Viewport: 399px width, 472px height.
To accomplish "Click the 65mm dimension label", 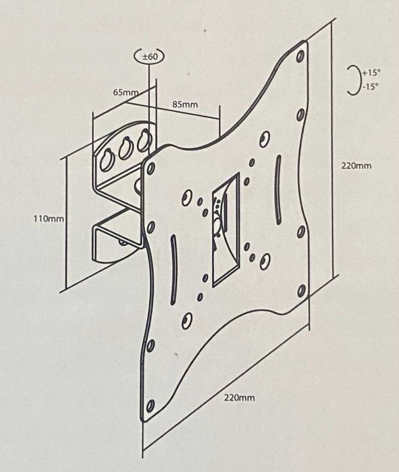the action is [126, 92].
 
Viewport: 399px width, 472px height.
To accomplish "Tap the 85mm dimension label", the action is [185, 104].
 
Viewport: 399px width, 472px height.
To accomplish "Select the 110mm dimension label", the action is [49, 218].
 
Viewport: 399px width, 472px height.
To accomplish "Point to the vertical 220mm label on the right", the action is [356, 166].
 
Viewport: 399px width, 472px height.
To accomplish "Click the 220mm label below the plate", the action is [239, 398].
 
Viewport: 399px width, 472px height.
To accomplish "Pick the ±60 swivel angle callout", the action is [149, 56].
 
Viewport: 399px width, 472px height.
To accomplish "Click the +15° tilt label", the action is [371, 73].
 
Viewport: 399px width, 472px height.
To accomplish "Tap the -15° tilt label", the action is [371, 87].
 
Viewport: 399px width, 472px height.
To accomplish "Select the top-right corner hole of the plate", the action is [300, 56].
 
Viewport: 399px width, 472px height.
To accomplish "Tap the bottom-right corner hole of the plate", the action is [301, 291].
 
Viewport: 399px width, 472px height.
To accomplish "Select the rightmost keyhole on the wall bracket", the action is [144, 141].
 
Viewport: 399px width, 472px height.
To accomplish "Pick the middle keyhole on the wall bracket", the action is [125, 149].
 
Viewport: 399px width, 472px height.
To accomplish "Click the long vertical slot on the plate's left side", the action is [173, 270].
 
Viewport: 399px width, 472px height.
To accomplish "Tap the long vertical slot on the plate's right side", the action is [278, 189].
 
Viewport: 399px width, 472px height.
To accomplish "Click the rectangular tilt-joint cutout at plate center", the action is [225, 230].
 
